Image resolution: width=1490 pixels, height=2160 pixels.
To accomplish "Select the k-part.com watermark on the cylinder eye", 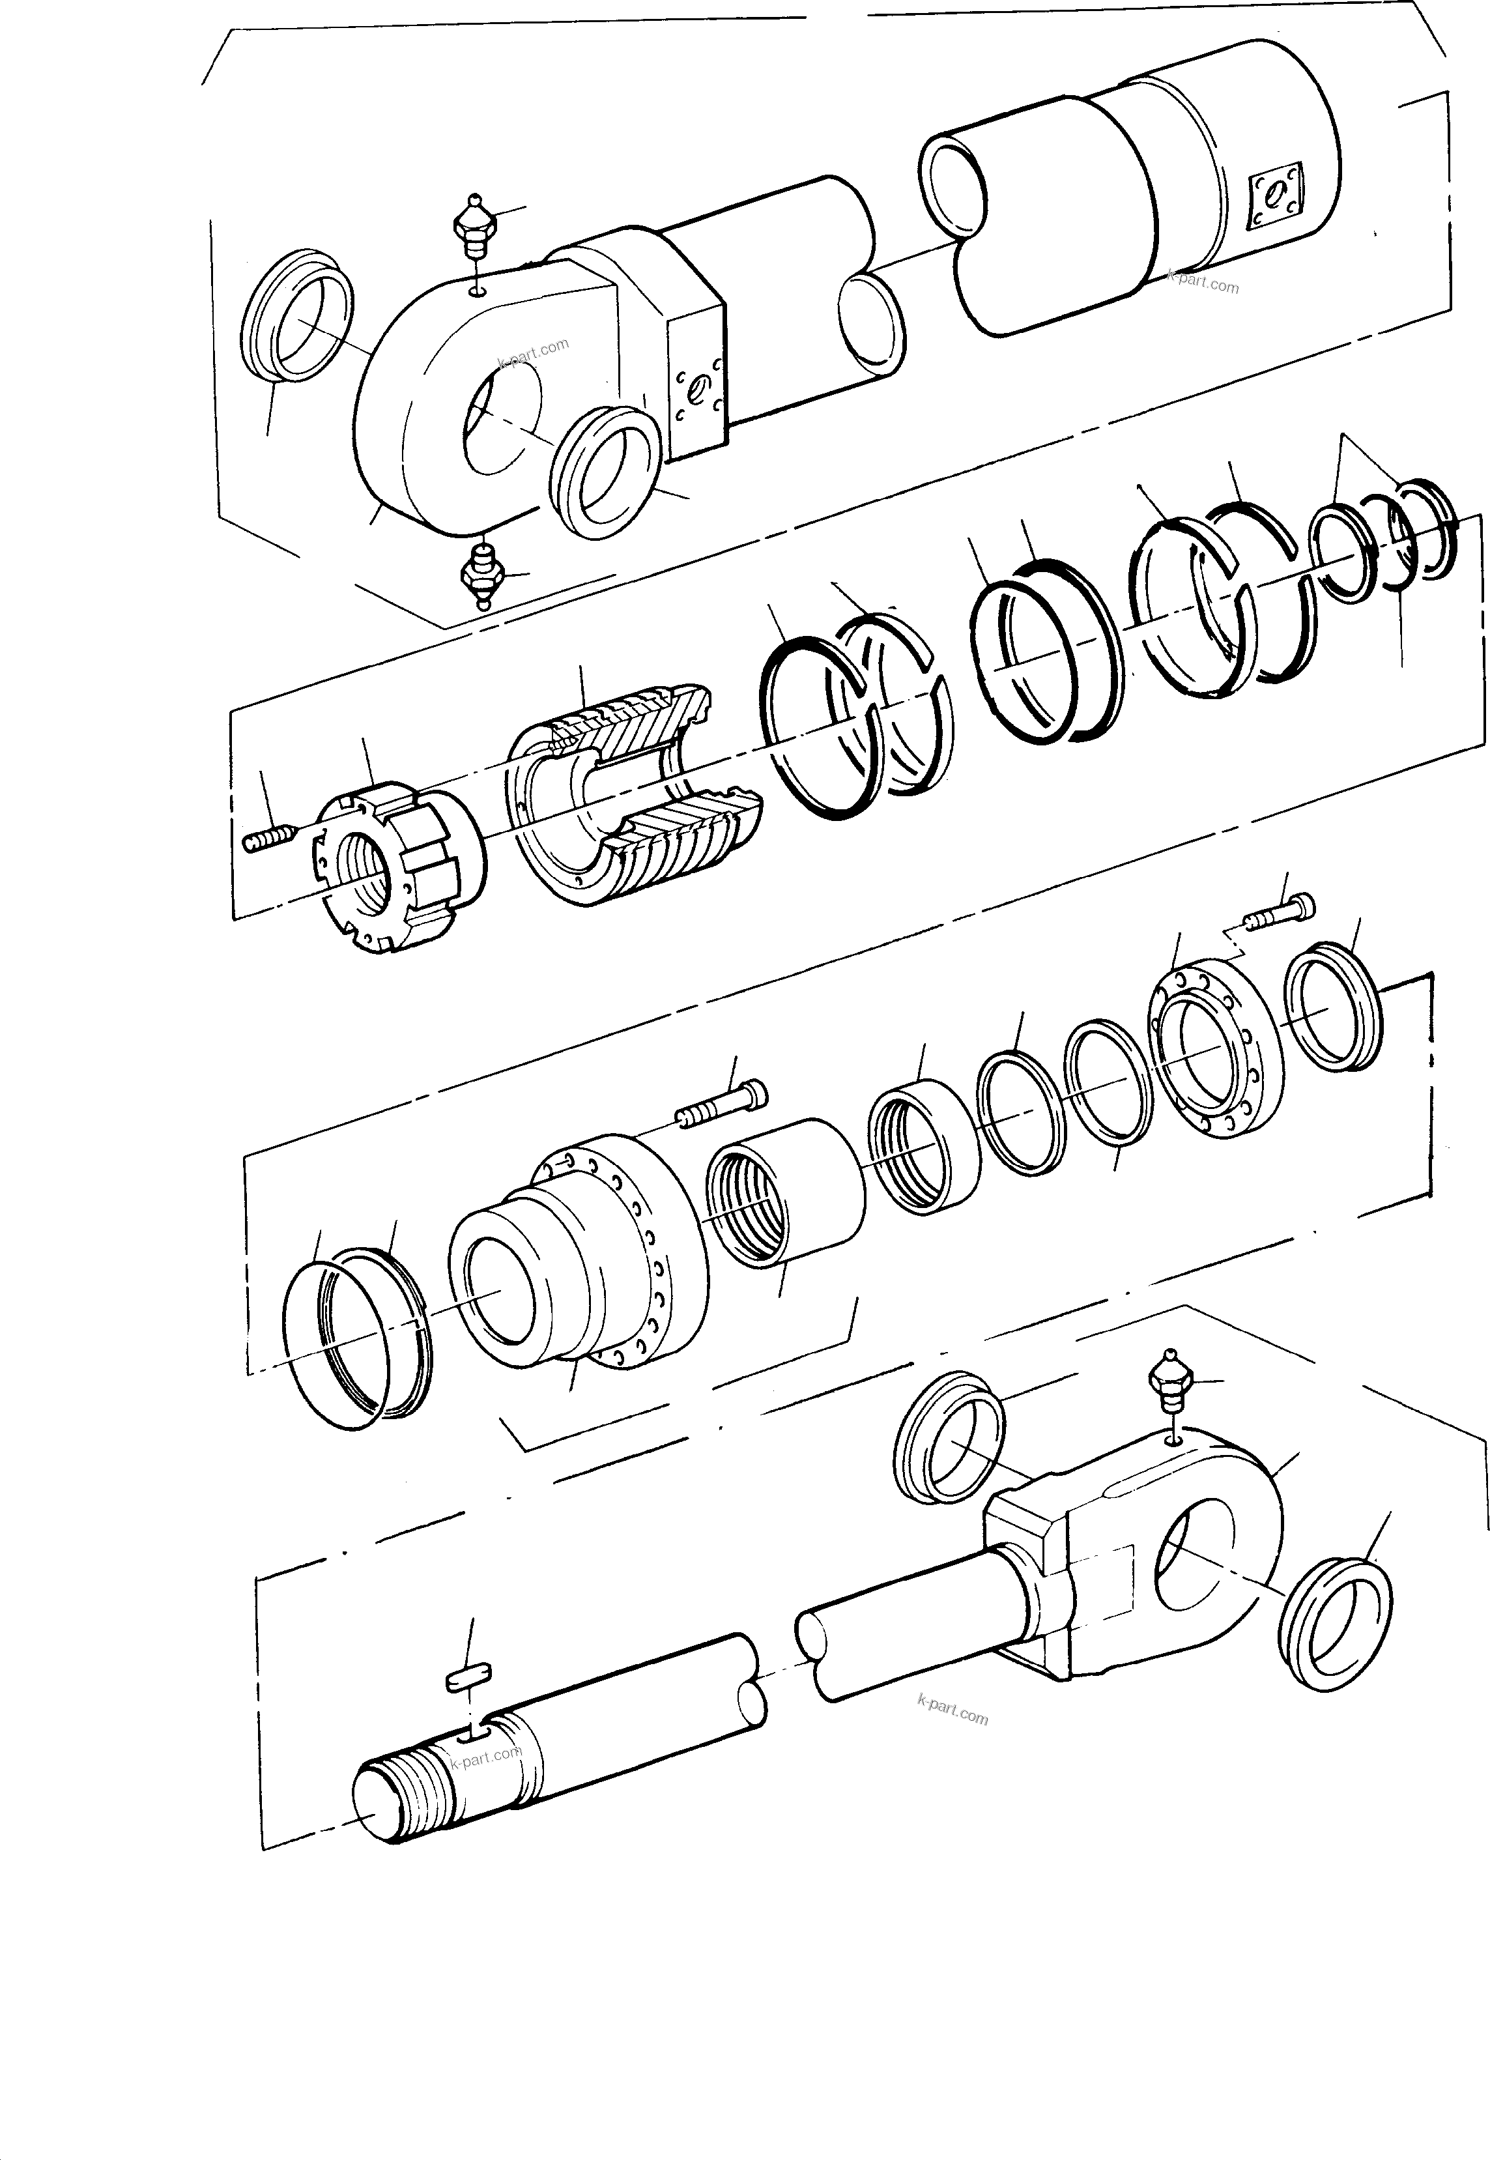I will tap(533, 353).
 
